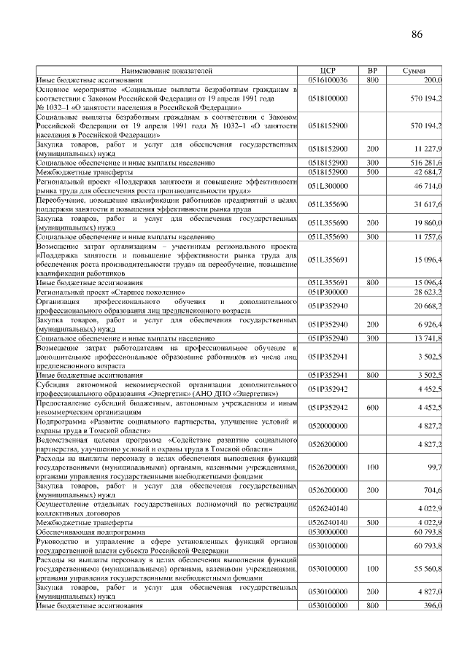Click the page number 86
[417, 35]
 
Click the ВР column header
[372, 71]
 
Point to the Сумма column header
[419, 71]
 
